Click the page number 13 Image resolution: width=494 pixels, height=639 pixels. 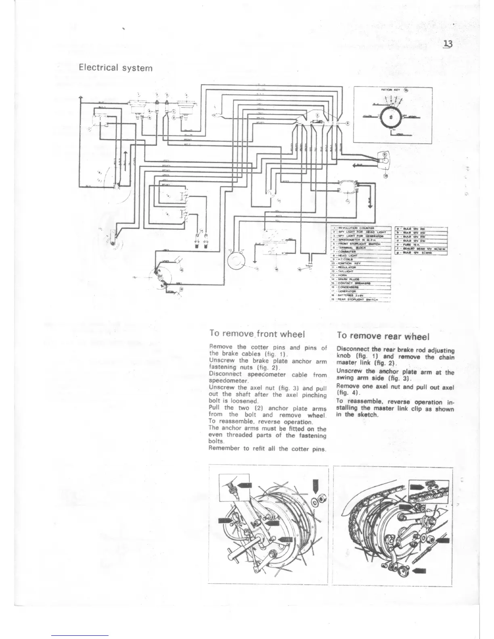(x=448, y=44)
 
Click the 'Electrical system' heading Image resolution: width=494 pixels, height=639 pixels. (x=116, y=67)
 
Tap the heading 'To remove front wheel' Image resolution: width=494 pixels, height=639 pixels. (x=256, y=334)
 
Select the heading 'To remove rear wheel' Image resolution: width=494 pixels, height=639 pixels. (x=383, y=336)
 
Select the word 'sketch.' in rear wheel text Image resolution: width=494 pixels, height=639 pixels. (x=366, y=415)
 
